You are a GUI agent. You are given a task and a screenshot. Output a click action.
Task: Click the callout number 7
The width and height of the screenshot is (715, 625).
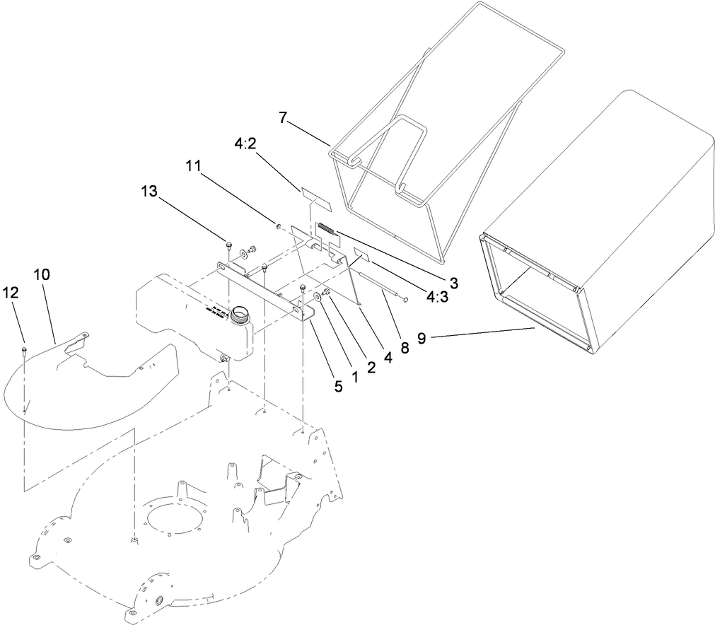pos(283,118)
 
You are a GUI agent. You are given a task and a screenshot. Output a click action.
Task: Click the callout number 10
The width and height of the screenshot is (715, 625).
pos(41,274)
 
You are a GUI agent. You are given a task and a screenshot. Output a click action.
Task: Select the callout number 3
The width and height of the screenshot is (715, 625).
pos(453,283)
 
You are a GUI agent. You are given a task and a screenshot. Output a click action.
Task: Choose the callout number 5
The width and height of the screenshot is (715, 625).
pos(337,386)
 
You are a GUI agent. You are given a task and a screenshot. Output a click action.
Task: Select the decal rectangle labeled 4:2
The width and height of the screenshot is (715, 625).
pos(315,196)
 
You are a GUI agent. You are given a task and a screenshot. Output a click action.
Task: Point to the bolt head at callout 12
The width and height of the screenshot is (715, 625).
pos(25,349)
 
